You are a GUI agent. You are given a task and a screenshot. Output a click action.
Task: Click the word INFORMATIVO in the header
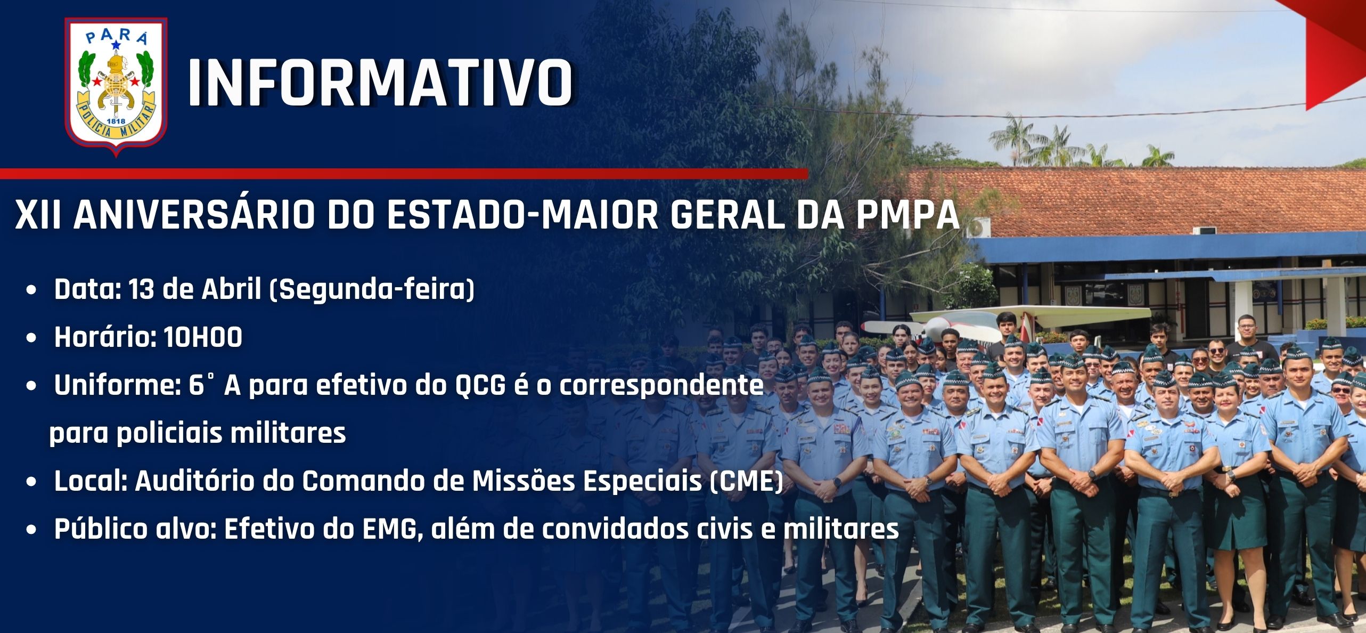(380, 83)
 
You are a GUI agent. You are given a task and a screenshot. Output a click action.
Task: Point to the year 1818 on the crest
(116, 121)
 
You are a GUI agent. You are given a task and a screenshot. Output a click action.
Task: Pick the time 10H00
(203, 337)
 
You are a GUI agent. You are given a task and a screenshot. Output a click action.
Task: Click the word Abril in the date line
(231, 289)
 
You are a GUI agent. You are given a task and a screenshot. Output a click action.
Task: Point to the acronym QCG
(480, 386)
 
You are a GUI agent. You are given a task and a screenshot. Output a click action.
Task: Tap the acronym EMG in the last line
(389, 529)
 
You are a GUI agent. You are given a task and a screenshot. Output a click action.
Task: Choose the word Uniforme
(117, 385)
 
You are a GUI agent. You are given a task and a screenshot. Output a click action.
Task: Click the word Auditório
(192, 481)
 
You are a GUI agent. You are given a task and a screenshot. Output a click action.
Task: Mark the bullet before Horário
(33, 338)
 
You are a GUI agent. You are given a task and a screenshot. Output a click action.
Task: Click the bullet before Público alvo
(33, 530)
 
